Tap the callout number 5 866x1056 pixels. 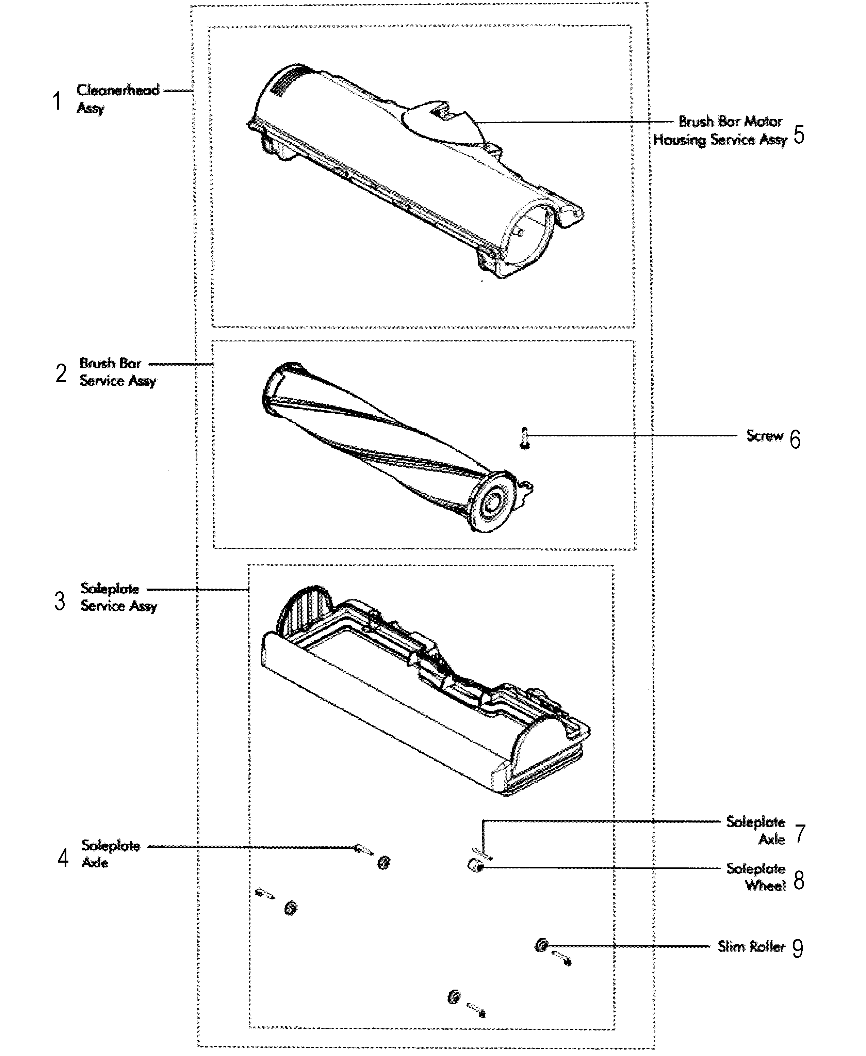tap(799, 135)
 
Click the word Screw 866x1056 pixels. tap(764, 436)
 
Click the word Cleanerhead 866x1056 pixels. tap(118, 90)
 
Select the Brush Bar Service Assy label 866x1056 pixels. tap(118, 372)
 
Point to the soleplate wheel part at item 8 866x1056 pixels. tap(474, 866)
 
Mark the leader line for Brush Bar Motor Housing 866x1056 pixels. tap(574, 122)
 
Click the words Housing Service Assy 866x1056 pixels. tap(720, 140)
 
